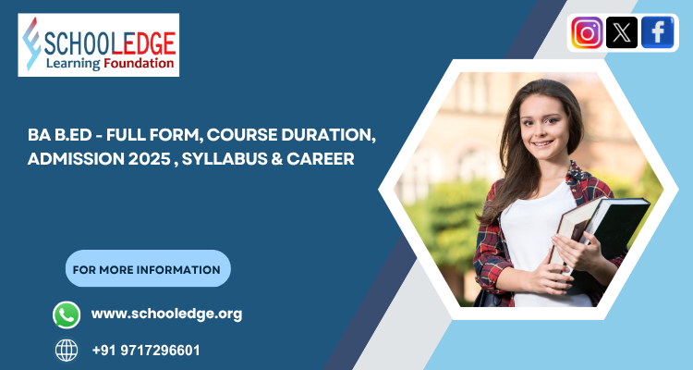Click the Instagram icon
(587, 33)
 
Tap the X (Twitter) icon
(623, 33)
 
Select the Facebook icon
(658, 33)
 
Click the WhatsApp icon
(67, 314)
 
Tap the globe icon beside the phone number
(67, 351)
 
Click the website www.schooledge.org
(166, 314)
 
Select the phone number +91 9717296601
(146, 351)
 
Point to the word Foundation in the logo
(139, 64)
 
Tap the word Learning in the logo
(73, 64)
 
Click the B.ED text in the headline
(75, 135)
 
